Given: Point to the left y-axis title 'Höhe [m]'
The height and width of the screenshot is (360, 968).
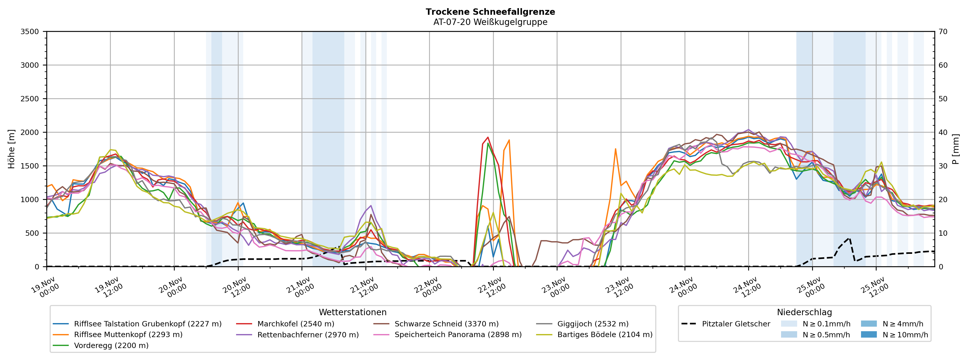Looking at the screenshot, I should tap(11, 149).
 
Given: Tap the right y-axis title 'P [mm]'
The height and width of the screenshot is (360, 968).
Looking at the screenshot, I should tap(956, 149).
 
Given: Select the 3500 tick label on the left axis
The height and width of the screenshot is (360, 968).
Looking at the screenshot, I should tap(29, 32).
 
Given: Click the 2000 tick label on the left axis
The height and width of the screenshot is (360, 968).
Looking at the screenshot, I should tap(29, 132).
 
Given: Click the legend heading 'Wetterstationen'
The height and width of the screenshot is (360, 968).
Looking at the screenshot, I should tap(352, 312).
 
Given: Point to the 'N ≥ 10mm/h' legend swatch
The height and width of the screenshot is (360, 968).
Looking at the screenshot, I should tap(868, 335).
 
